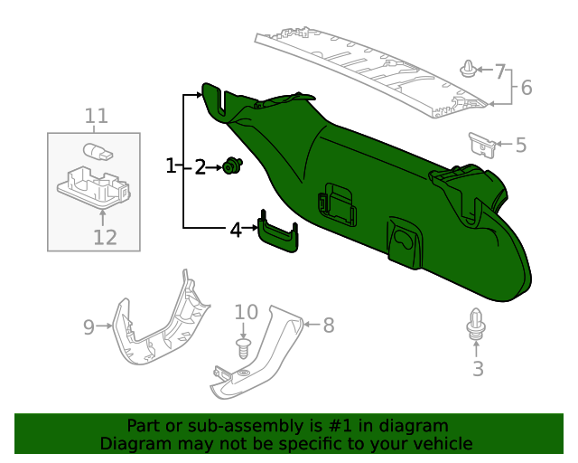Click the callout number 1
click(171, 166)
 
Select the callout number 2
click(200, 166)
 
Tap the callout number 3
click(478, 368)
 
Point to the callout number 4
click(236, 230)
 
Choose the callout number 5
click(520, 144)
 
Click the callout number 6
click(527, 88)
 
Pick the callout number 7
click(501, 70)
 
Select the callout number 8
click(328, 324)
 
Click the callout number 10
click(247, 313)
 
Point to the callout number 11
click(97, 116)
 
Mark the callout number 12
click(105, 237)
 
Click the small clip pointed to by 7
click(468, 70)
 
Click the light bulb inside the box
click(97, 152)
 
